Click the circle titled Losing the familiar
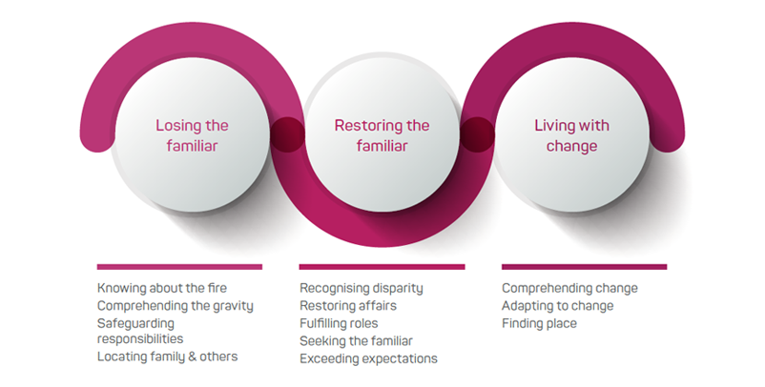(x=192, y=134)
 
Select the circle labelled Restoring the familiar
(x=382, y=134)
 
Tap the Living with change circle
(x=571, y=134)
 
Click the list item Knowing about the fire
(x=162, y=288)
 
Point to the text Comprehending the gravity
(x=176, y=306)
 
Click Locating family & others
(x=167, y=356)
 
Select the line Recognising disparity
(x=361, y=288)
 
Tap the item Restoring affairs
(x=348, y=306)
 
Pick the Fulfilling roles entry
(x=339, y=323)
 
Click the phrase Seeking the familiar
(x=356, y=340)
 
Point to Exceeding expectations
(x=368, y=358)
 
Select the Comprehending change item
(x=569, y=288)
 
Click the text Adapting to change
(x=558, y=306)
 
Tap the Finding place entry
(x=539, y=323)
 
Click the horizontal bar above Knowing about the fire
(x=179, y=267)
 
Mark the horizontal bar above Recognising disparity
(x=382, y=267)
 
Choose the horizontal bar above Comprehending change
(x=584, y=267)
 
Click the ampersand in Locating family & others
(x=193, y=356)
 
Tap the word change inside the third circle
(x=571, y=146)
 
